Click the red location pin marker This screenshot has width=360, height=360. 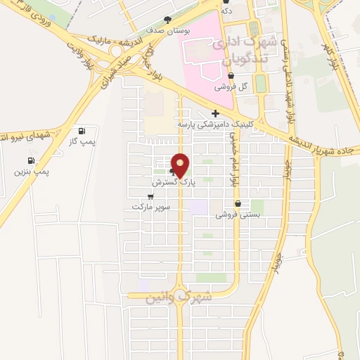(x=180, y=165)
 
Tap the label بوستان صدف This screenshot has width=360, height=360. (x=167, y=32)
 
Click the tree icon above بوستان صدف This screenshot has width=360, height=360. (x=167, y=20)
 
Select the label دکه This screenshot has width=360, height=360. (x=226, y=11)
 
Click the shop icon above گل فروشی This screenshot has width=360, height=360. (x=233, y=75)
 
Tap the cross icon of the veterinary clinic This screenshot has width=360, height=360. (x=215, y=114)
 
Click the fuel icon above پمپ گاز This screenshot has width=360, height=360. (x=82, y=131)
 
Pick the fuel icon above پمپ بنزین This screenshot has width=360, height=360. (x=31, y=160)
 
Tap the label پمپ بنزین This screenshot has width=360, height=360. (x=32, y=171)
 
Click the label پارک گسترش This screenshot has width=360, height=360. (x=172, y=182)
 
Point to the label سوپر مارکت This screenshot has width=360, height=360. (x=148, y=207)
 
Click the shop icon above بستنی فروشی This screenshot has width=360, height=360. (x=238, y=204)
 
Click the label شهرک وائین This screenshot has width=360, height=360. (x=178, y=298)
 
